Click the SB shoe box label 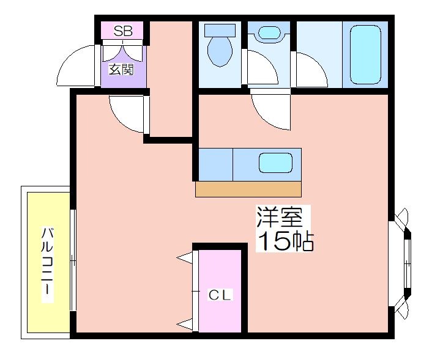123,31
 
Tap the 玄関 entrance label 121,69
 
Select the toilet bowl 220,51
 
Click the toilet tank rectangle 220,30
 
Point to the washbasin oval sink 269,32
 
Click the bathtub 365,54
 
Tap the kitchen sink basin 275,163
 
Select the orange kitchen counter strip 248,189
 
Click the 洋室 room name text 280,217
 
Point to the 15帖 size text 285,241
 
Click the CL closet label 219,295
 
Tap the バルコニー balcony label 47,265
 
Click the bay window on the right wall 401,264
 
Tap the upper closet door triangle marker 184,258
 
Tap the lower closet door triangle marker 184,325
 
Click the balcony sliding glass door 72,260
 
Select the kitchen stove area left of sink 216,164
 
